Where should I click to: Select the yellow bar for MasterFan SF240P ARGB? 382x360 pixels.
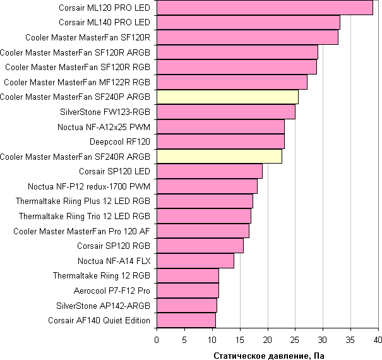(x=227, y=97)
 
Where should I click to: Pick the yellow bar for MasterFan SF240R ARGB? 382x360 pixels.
(x=218, y=157)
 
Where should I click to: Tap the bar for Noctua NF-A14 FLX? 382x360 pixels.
(x=194, y=261)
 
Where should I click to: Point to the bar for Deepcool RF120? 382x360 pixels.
(x=220, y=141)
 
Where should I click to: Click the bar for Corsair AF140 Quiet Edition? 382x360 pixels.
(x=186, y=320)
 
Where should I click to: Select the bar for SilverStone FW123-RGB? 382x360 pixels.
(x=225, y=112)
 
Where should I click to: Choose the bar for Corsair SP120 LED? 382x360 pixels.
(x=209, y=171)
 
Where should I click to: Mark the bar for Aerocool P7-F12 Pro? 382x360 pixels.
(x=187, y=291)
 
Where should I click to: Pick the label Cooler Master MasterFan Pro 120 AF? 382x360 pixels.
(x=81, y=231)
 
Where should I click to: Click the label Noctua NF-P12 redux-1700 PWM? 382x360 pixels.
(x=89, y=186)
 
